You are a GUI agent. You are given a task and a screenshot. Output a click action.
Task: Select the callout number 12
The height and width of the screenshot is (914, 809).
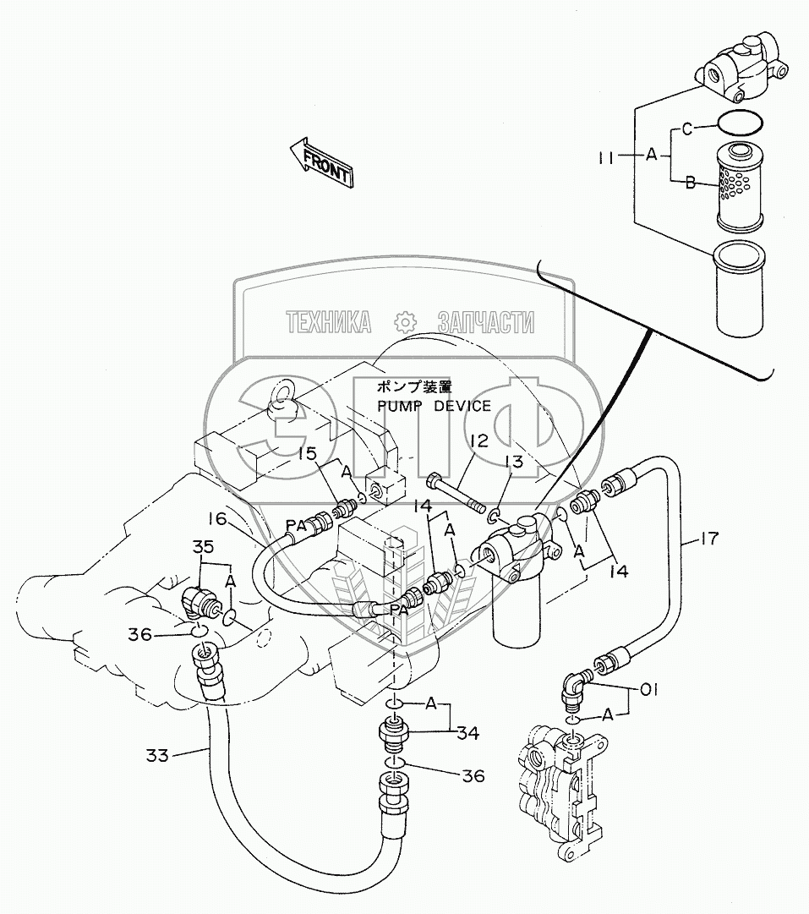point(479,441)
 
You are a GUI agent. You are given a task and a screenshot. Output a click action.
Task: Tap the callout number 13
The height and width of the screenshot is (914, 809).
point(513,462)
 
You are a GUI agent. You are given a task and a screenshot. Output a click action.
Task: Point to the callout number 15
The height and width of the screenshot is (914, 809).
point(307,453)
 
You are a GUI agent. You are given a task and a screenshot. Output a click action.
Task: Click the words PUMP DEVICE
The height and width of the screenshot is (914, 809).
point(435,406)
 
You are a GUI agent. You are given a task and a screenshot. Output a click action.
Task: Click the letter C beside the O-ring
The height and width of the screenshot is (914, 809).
point(686,129)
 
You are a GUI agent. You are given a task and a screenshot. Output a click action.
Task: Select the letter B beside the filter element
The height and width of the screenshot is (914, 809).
point(690,181)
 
